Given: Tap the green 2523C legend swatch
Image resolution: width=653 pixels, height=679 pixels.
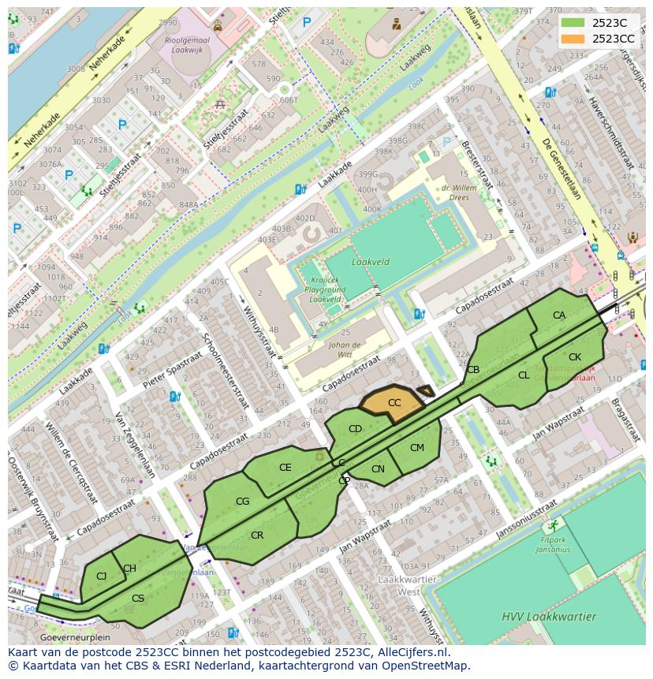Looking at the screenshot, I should (573, 23).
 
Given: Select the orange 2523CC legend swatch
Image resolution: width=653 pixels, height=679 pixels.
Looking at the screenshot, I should (573, 39).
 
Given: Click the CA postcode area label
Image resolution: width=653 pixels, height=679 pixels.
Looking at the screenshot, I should (559, 315).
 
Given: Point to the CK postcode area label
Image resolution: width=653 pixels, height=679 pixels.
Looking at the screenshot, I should (575, 357).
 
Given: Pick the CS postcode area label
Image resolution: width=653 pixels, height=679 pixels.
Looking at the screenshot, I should (138, 599).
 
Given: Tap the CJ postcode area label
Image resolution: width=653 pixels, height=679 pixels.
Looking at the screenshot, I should (101, 576).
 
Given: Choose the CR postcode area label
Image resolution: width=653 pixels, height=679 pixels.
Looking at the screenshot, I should (257, 535).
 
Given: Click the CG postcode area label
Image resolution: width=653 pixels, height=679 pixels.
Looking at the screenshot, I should (243, 502).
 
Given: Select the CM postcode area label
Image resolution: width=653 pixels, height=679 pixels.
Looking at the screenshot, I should (417, 448).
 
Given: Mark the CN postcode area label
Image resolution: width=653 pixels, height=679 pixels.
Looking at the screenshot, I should (378, 469).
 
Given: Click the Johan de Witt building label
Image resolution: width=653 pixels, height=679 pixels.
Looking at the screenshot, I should (345, 349).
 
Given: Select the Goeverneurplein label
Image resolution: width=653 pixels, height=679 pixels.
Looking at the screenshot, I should (75, 637).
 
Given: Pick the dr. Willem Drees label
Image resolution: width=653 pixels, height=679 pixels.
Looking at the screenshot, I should (461, 193).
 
